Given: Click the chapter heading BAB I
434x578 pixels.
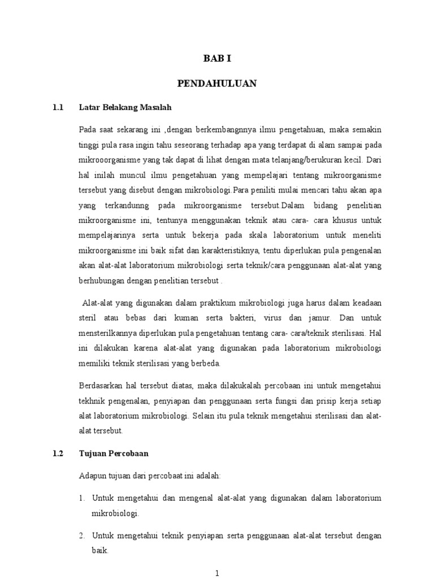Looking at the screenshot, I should [x=217, y=58].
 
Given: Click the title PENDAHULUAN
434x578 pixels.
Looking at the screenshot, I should [x=217, y=84].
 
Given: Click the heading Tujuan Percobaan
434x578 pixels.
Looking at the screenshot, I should [x=114, y=453].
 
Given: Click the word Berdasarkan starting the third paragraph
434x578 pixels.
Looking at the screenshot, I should [x=101, y=386].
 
